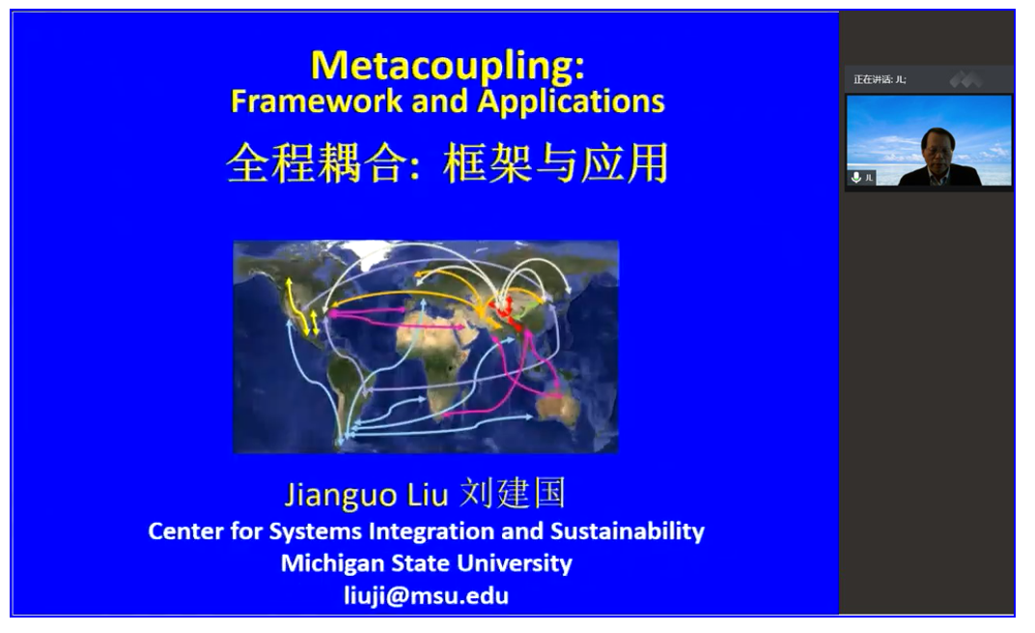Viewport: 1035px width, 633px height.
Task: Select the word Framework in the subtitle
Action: click(316, 101)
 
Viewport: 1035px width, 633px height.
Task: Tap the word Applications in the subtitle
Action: click(571, 102)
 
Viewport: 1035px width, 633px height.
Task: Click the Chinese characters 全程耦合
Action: click(314, 164)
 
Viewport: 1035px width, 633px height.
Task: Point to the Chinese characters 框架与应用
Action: click(556, 164)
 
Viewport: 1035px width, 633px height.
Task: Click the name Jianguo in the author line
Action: click(341, 495)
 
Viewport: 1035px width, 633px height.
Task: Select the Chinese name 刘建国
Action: click(513, 493)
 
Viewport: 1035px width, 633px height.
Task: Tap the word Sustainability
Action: click(628, 532)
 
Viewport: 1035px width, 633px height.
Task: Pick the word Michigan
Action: click(332, 563)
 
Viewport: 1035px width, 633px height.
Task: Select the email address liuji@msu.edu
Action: click(427, 596)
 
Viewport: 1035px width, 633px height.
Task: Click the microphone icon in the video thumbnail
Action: click(856, 177)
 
